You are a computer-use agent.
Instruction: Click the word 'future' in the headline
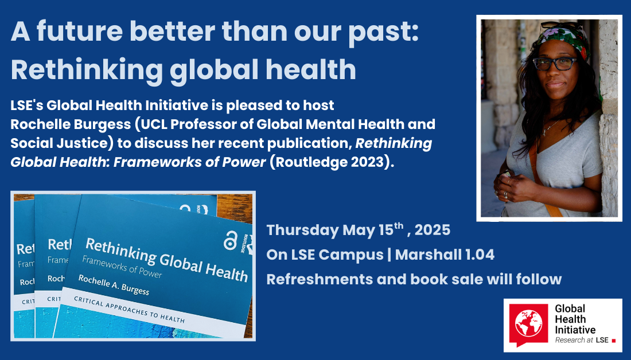[x=79, y=32]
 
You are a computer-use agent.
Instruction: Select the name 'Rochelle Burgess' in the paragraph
[x=71, y=124]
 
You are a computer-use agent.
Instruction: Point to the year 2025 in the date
[x=432, y=230]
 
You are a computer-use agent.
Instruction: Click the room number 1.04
[x=480, y=255]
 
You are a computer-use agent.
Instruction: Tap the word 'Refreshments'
[x=320, y=279]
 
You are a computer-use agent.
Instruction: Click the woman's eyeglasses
[x=555, y=64]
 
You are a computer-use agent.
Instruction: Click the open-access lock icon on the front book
[x=231, y=241]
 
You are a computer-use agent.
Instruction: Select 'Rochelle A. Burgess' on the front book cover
[x=114, y=285]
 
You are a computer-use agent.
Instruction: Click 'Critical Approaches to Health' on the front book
[x=129, y=310]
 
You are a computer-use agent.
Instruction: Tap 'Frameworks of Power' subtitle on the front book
[x=122, y=267]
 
